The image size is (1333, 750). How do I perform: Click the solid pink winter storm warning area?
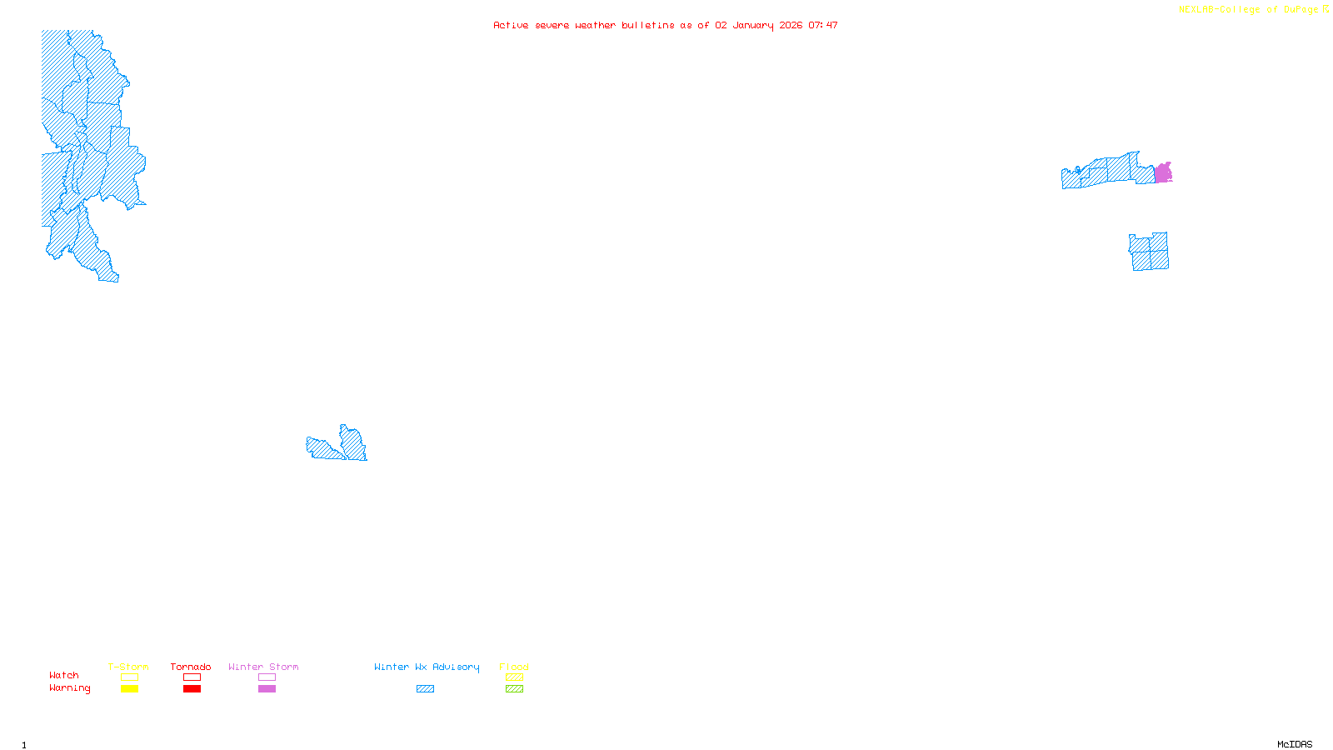(1163, 173)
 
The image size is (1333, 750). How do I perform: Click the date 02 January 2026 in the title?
(758, 25)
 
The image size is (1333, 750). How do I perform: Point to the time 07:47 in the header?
(823, 25)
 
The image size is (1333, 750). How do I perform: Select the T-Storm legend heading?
(128, 667)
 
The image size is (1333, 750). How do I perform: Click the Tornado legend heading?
(191, 667)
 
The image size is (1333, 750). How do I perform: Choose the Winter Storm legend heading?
(263, 667)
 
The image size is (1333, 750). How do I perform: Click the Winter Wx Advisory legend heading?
(427, 667)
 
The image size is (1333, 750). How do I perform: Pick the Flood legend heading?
(514, 667)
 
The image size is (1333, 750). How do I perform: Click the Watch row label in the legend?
(64, 675)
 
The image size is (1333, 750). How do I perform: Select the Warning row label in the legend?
(69, 688)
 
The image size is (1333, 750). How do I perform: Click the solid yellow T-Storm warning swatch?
(129, 689)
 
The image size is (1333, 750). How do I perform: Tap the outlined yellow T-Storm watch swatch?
(129, 677)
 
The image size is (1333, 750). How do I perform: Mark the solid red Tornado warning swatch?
(192, 689)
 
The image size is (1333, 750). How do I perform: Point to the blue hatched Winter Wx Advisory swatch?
(425, 689)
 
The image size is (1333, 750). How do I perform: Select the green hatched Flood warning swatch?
(514, 689)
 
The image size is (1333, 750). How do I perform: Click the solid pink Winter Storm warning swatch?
(267, 689)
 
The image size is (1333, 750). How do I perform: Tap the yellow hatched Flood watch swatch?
(514, 677)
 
